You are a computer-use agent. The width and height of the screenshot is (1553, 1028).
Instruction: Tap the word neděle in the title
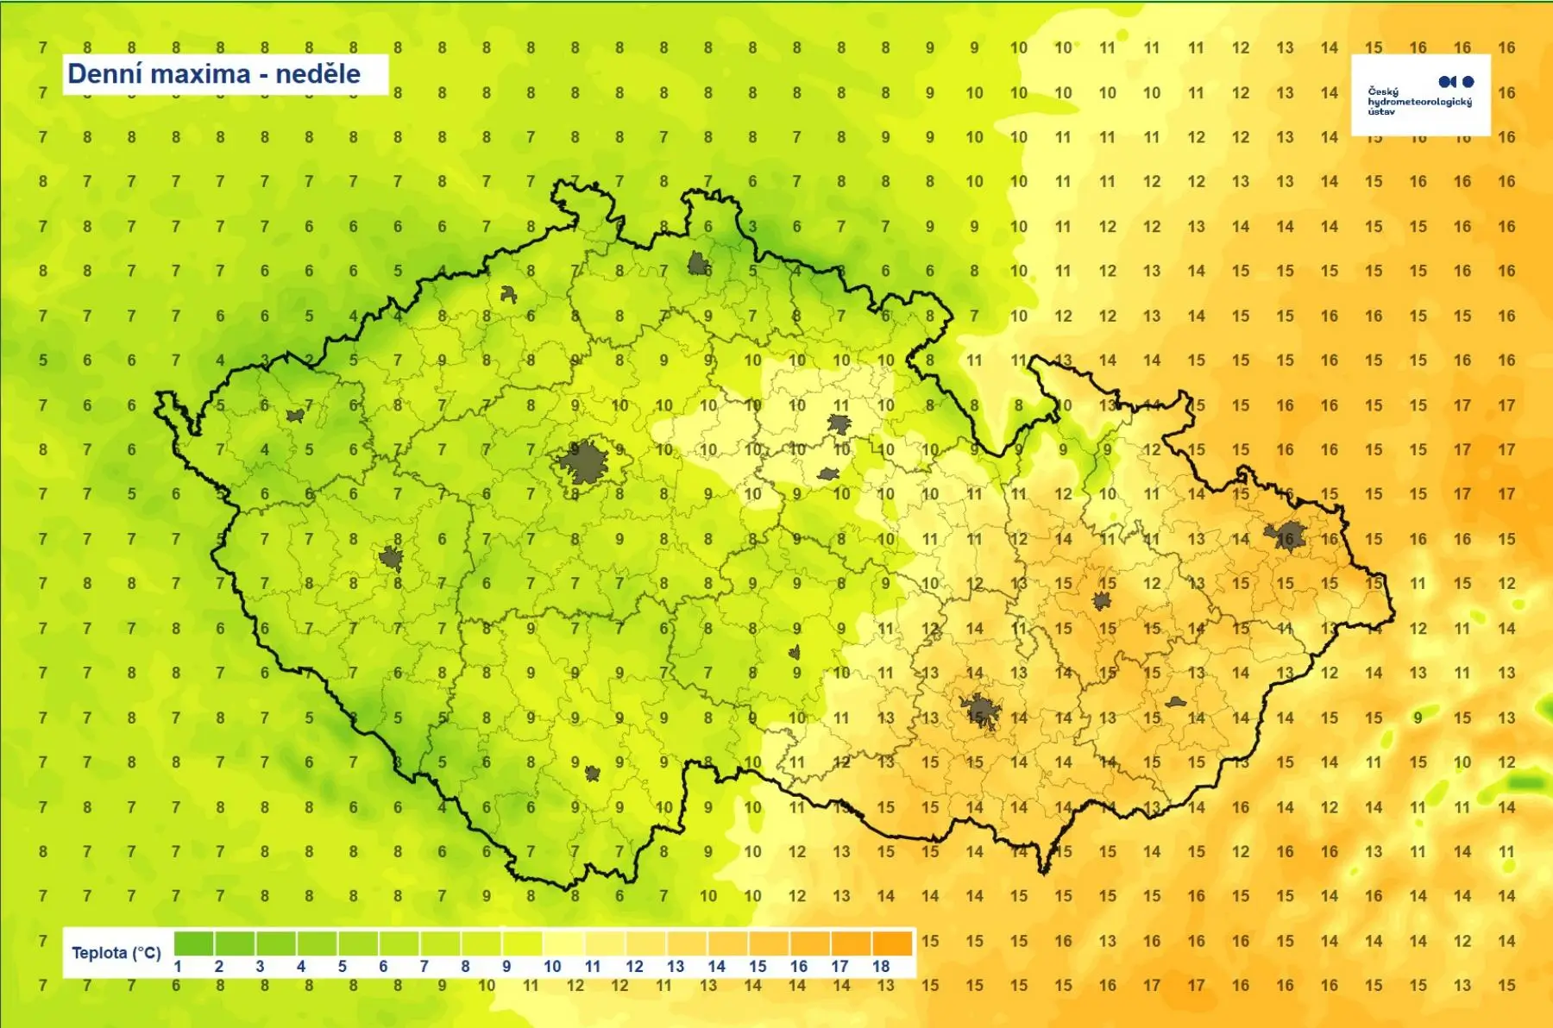[318, 74]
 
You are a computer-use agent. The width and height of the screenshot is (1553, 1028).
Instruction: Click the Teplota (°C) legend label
[116, 952]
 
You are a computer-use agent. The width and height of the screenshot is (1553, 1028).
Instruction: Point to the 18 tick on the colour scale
[880, 967]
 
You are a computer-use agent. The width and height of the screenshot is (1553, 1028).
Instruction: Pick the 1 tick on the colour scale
[178, 967]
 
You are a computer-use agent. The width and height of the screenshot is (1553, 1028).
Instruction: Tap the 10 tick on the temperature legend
[552, 967]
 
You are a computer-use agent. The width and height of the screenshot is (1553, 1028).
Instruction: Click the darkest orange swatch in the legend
[892, 943]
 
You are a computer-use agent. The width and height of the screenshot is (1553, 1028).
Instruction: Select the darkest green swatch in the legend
[194, 943]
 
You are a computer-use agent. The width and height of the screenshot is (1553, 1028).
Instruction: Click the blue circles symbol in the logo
[1456, 81]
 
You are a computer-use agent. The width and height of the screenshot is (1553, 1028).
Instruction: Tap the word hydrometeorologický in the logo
[1419, 101]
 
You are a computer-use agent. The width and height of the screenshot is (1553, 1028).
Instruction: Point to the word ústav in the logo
[1380, 111]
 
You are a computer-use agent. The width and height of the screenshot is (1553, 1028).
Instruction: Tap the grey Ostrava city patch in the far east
[1286, 536]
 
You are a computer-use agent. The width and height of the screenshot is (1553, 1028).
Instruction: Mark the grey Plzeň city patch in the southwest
[391, 558]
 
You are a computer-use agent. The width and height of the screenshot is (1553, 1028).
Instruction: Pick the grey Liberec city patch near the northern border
[697, 263]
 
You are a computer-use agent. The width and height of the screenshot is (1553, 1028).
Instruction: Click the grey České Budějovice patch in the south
[592, 773]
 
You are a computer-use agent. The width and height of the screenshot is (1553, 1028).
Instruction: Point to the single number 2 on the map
[309, 360]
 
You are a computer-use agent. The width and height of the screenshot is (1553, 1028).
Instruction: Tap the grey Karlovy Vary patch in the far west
[295, 416]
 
